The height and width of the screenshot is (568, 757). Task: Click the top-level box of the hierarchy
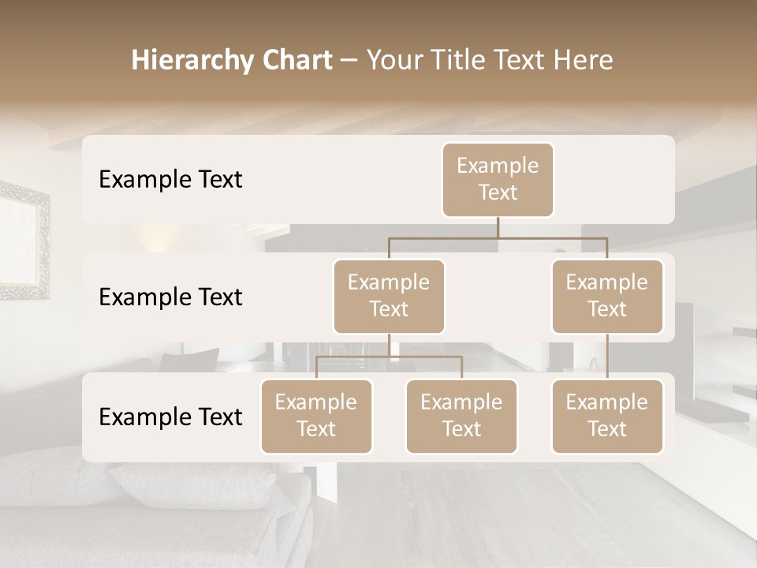point(498,179)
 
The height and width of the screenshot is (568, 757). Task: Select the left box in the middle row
point(389,296)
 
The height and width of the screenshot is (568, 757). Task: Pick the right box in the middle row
point(607,296)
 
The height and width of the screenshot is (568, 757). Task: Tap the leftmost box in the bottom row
point(316,416)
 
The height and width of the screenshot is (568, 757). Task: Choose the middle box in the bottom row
point(461,416)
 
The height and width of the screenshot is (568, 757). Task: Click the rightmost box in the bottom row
point(607,416)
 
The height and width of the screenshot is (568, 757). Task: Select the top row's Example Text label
point(170,180)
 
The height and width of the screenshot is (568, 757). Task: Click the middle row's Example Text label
point(170,297)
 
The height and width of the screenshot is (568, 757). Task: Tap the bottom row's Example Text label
point(170,417)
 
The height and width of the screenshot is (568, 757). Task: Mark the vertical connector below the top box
point(498,227)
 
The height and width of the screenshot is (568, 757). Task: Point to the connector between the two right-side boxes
point(607,357)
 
